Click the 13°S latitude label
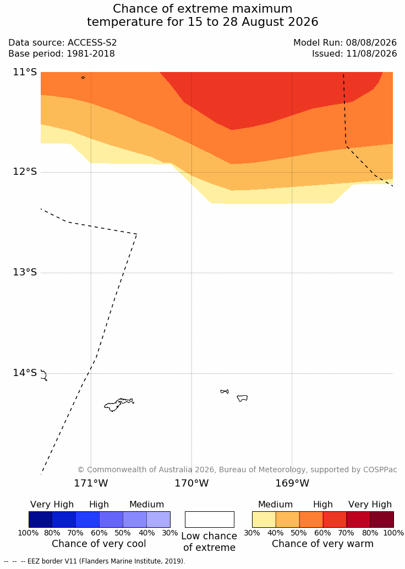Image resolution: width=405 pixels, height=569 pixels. pyautogui.click(x=25, y=272)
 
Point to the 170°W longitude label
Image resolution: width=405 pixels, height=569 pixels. pyautogui.click(x=192, y=483)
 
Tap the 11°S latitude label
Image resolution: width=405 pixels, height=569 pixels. pyautogui.click(x=25, y=72)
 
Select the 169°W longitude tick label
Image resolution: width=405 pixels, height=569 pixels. pyautogui.click(x=292, y=483)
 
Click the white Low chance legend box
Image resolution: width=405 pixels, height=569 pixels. pyautogui.click(x=210, y=520)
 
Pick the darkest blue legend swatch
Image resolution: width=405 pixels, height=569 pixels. pyautogui.click(x=40, y=520)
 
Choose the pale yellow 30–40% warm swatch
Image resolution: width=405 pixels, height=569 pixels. pyautogui.click(x=264, y=520)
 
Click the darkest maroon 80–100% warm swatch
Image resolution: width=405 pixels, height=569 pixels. pyautogui.click(x=382, y=520)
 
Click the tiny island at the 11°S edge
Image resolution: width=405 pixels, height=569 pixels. pyautogui.click(x=83, y=78)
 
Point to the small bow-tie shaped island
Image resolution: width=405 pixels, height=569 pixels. pyautogui.click(x=225, y=391)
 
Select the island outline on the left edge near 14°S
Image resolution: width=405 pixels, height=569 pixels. pyautogui.click(x=44, y=375)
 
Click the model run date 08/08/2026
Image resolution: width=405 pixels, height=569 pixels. pyautogui.click(x=371, y=42)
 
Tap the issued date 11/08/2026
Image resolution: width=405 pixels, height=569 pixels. pyautogui.click(x=371, y=54)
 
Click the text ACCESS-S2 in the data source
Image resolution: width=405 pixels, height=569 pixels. pyautogui.click(x=92, y=42)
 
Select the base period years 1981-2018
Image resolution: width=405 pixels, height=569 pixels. pyautogui.click(x=90, y=54)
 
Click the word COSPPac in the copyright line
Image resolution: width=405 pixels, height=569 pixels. pyautogui.click(x=380, y=469)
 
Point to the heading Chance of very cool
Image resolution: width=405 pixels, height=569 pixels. pyautogui.click(x=99, y=544)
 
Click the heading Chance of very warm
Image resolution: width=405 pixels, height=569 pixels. pyautogui.click(x=322, y=544)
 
